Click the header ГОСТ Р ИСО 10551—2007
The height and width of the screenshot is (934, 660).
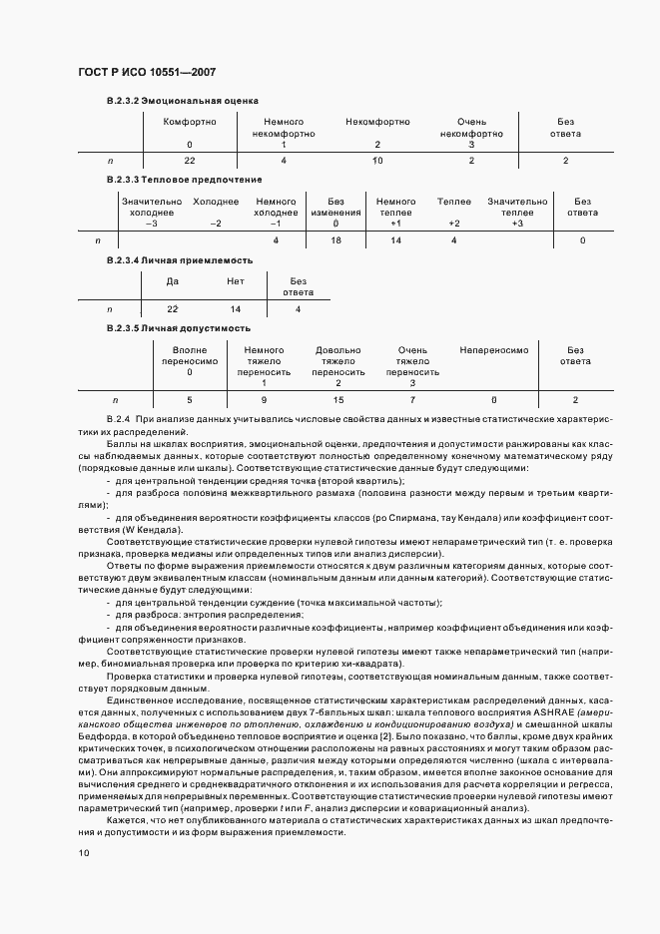146,73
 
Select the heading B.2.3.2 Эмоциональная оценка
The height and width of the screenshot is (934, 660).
182,101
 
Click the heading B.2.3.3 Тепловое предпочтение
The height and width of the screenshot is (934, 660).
184,180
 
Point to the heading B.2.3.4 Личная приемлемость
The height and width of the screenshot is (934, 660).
179,259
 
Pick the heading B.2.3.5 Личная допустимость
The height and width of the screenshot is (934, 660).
178,328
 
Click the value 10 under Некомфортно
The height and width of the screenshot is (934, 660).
377,161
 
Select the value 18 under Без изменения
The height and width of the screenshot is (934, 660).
335,240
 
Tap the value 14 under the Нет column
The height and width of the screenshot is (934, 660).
236,309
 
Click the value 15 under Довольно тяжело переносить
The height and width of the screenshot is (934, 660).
338,399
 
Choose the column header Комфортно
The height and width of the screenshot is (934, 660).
190,122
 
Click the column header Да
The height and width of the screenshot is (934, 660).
172,281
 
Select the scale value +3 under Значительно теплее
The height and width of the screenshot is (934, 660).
517,223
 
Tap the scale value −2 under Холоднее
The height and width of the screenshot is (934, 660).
216,223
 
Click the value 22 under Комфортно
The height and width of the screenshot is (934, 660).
190,161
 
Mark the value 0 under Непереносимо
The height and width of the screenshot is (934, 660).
493,399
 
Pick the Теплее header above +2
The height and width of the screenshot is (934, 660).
454,202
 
